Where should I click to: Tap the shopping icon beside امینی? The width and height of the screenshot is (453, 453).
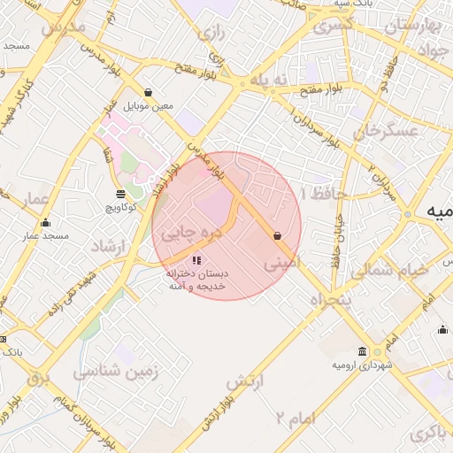click(x=278, y=236)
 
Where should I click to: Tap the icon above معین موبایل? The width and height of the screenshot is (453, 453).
click(x=148, y=93)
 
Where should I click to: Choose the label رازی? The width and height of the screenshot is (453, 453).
click(x=211, y=35)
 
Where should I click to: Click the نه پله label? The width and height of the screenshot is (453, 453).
click(x=269, y=80)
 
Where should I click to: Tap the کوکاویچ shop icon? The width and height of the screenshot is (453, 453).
click(x=120, y=194)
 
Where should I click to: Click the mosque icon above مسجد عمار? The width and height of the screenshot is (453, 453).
click(x=46, y=223)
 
